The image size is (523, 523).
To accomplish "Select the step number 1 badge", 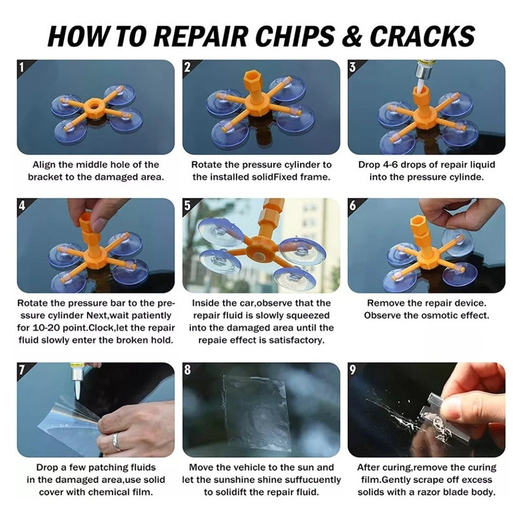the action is pyautogui.click(x=22, y=67).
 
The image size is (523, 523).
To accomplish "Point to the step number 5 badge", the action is pyautogui.click(x=188, y=205).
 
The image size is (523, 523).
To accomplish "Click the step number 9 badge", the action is pyautogui.click(x=352, y=369).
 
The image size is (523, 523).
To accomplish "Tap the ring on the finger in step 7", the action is pyautogui.click(x=116, y=442).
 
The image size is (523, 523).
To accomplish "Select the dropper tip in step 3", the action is pyautogui.click(x=421, y=80).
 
